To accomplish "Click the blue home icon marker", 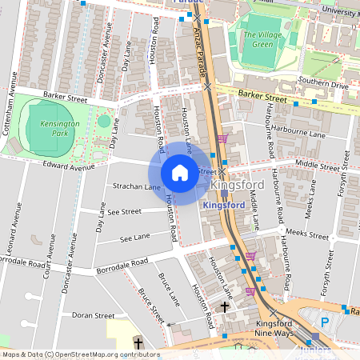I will click(180, 172).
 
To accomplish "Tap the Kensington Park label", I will click(54, 129).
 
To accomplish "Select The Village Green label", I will click(260, 38).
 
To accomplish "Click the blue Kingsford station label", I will click(223, 206).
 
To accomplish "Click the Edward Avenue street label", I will click(70, 168).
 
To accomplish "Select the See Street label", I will click(124, 212).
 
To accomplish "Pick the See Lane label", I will click(134, 238).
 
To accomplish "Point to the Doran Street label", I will click(93, 316).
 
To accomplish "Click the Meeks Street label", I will click(307, 237).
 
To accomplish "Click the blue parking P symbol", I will click(324, 322).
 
